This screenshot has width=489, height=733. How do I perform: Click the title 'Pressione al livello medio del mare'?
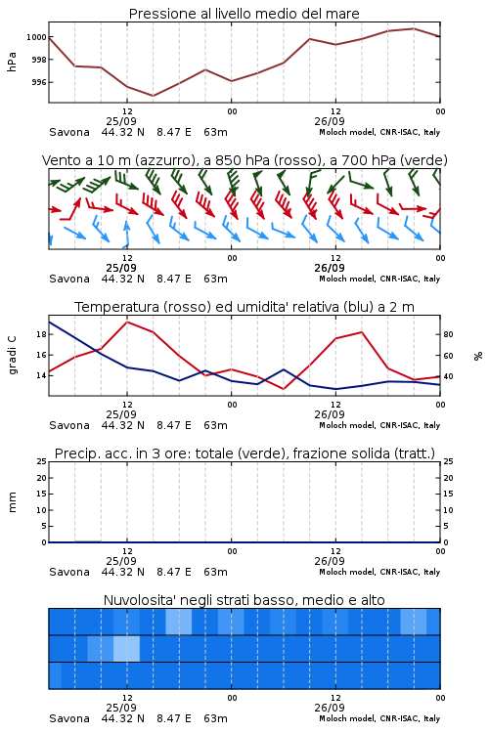pyautogui.click(x=244, y=14)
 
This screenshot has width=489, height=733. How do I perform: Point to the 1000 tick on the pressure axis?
pyautogui.click(x=36, y=37)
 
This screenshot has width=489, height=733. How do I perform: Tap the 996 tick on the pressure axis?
pyautogui.click(x=39, y=82)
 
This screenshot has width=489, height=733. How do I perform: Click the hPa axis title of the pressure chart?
pyautogui.click(x=12, y=62)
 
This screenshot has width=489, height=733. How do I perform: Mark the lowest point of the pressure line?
pyautogui.click(x=153, y=96)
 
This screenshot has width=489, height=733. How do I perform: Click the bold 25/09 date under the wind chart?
pyautogui.click(x=121, y=268)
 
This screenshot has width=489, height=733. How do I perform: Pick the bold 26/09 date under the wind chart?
pyautogui.click(x=330, y=268)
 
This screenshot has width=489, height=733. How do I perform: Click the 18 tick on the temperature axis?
pyautogui.click(x=41, y=334)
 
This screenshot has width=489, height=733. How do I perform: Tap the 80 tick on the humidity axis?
pyautogui.click(x=448, y=334)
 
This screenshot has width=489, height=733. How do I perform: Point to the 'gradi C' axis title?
pyautogui.click(x=12, y=355)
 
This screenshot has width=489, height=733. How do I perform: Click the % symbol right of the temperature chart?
pyautogui.click(x=478, y=356)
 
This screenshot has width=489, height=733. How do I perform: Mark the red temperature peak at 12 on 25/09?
pyautogui.click(x=127, y=322)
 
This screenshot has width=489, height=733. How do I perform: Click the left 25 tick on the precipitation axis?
pyautogui.click(x=42, y=461)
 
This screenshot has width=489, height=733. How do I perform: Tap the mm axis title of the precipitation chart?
pyautogui.click(x=12, y=502)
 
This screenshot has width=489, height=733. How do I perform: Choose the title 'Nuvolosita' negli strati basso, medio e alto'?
pyautogui.click(x=244, y=600)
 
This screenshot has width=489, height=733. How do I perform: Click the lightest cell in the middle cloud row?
pyautogui.click(x=126, y=648)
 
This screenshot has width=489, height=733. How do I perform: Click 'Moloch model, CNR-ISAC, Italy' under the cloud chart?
pyautogui.click(x=379, y=718)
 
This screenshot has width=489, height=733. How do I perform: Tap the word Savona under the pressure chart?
pyautogui.click(x=69, y=132)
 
